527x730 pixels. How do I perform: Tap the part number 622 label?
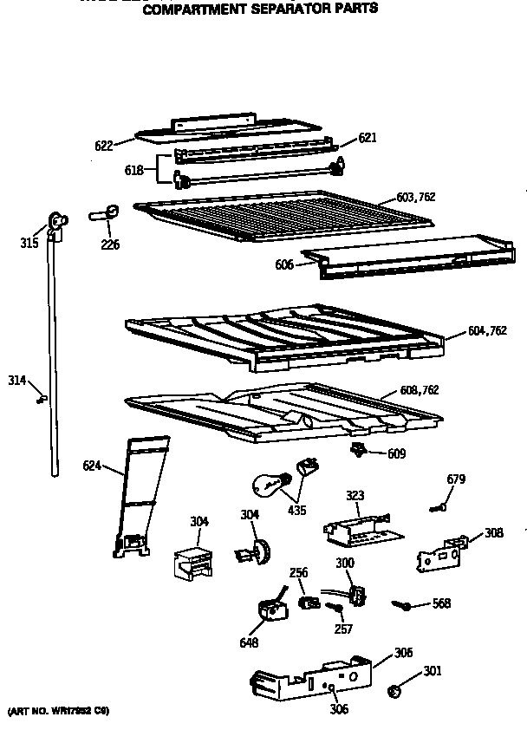[x=103, y=146]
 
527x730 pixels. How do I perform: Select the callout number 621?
[x=368, y=138]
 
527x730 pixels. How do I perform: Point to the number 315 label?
[x=29, y=244]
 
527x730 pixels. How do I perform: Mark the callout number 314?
[x=17, y=380]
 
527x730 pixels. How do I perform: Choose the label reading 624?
[x=92, y=466]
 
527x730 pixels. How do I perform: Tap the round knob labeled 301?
[x=394, y=691]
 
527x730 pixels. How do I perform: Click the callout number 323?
[x=355, y=495]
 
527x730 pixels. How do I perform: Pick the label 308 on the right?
[x=493, y=532]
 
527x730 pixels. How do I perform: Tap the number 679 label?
[x=456, y=479]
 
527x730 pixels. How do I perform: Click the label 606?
[x=284, y=264]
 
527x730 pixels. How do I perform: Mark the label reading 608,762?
[x=420, y=390]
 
